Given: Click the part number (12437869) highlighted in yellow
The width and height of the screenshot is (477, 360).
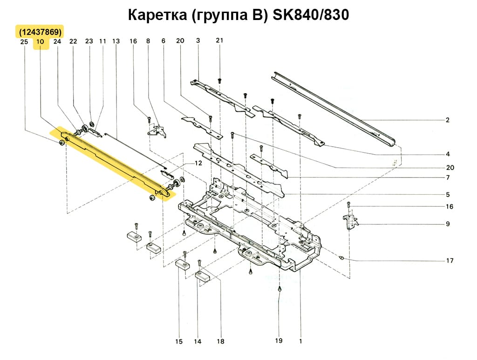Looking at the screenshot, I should point(41,32).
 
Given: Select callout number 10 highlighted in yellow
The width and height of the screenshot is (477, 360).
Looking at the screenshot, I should point(40,41).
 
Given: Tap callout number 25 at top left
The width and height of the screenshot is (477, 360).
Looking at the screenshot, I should point(25,41).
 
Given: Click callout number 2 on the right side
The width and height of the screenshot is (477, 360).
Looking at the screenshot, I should point(447,120).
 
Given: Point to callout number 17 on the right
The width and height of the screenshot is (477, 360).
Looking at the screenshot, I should point(450,261).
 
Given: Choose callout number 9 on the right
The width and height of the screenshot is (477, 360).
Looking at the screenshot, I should point(447,224).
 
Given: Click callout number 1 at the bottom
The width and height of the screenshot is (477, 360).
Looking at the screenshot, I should point(300,341).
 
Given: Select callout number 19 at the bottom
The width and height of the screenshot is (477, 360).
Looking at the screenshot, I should point(279,341).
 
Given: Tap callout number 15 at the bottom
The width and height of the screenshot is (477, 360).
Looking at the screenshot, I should point(179,342).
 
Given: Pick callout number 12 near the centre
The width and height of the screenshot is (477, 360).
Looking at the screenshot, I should point(198,163).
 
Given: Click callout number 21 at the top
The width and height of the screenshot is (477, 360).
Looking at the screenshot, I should point(219,41).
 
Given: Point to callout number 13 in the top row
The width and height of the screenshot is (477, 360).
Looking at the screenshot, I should point(116,41).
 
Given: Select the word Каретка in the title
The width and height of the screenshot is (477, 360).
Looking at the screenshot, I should point(156,15).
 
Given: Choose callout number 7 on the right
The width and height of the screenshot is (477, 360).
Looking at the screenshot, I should point(447,177).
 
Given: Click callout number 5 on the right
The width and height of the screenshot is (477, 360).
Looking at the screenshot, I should point(447,194).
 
